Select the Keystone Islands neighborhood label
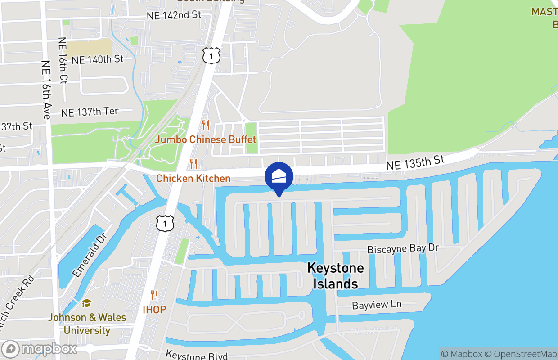(x=335, y=276)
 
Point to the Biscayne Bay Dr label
(x=403, y=249)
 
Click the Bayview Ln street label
(x=377, y=305)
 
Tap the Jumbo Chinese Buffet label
(x=206, y=139)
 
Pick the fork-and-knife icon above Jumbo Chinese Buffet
(x=206, y=125)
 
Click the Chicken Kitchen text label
(x=193, y=179)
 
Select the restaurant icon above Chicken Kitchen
(x=193, y=164)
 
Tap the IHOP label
(x=154, y=310)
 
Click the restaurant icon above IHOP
(x=154, y=295)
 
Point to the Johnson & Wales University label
(x=87, y=324)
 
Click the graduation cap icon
(x=87, y=304)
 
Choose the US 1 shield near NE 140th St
(x=211, y=55)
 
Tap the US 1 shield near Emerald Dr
(x=165, y=223)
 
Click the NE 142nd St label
(x=174, y=15)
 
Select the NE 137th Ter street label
(x=90, y=112)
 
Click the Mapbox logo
(x=39, y=349)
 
